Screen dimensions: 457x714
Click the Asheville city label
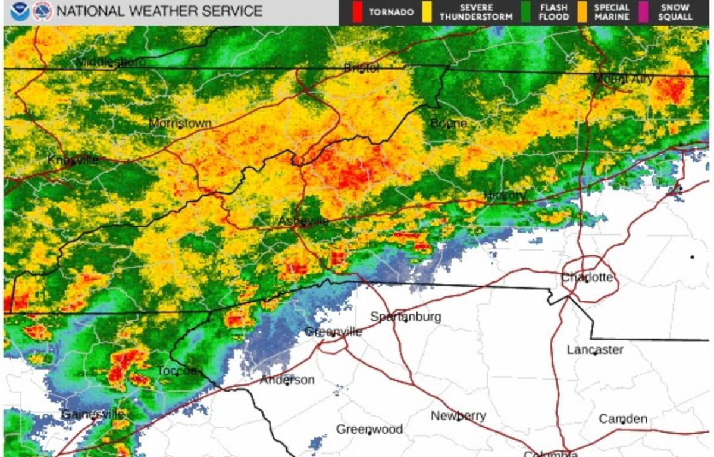(303, 221)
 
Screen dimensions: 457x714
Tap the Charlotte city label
(587, 277)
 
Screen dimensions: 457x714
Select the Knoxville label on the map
(73, 160)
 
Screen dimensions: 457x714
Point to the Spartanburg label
(406, 317)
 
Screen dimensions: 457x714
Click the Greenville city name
(333, 331)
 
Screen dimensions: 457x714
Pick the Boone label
(449, 124)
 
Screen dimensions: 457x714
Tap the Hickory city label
(505, 195)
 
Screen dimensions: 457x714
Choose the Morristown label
(180, 123)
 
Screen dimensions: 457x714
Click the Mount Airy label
(624, 79)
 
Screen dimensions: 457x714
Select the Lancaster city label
(595, 349)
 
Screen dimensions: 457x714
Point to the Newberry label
(458, 416)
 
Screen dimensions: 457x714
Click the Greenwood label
(369, 429)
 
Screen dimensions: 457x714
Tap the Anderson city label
(287, 380)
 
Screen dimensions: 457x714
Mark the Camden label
(622, 419)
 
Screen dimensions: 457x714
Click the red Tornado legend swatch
(357, 12)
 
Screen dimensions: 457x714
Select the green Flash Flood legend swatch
(525, 12)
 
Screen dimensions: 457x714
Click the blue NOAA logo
(19, 11)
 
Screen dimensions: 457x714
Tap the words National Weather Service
(159, 11)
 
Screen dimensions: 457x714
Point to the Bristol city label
(362, 68)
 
